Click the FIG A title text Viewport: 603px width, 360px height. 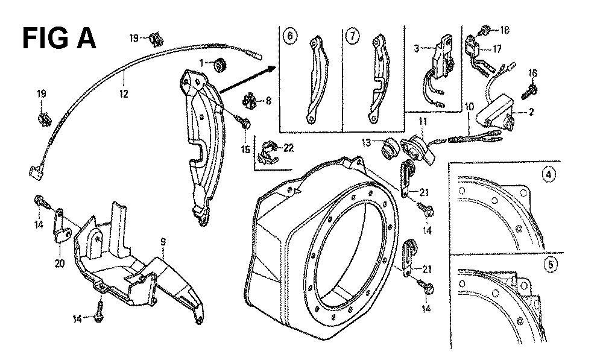click(58, 38)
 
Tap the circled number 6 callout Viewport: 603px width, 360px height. click(291, 37)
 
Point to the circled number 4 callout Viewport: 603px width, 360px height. click(549, 175)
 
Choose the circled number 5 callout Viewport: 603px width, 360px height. click(549, 264)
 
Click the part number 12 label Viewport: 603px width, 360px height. click(123, 93)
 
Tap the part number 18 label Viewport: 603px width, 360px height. click(504, 29)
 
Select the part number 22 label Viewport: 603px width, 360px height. click(288, 148)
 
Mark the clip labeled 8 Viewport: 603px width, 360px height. click(248, 98)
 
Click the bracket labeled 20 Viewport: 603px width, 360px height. click(61, 223)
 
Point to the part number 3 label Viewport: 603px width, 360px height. click(415, 48)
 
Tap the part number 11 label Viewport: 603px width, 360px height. click(423, 122)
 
